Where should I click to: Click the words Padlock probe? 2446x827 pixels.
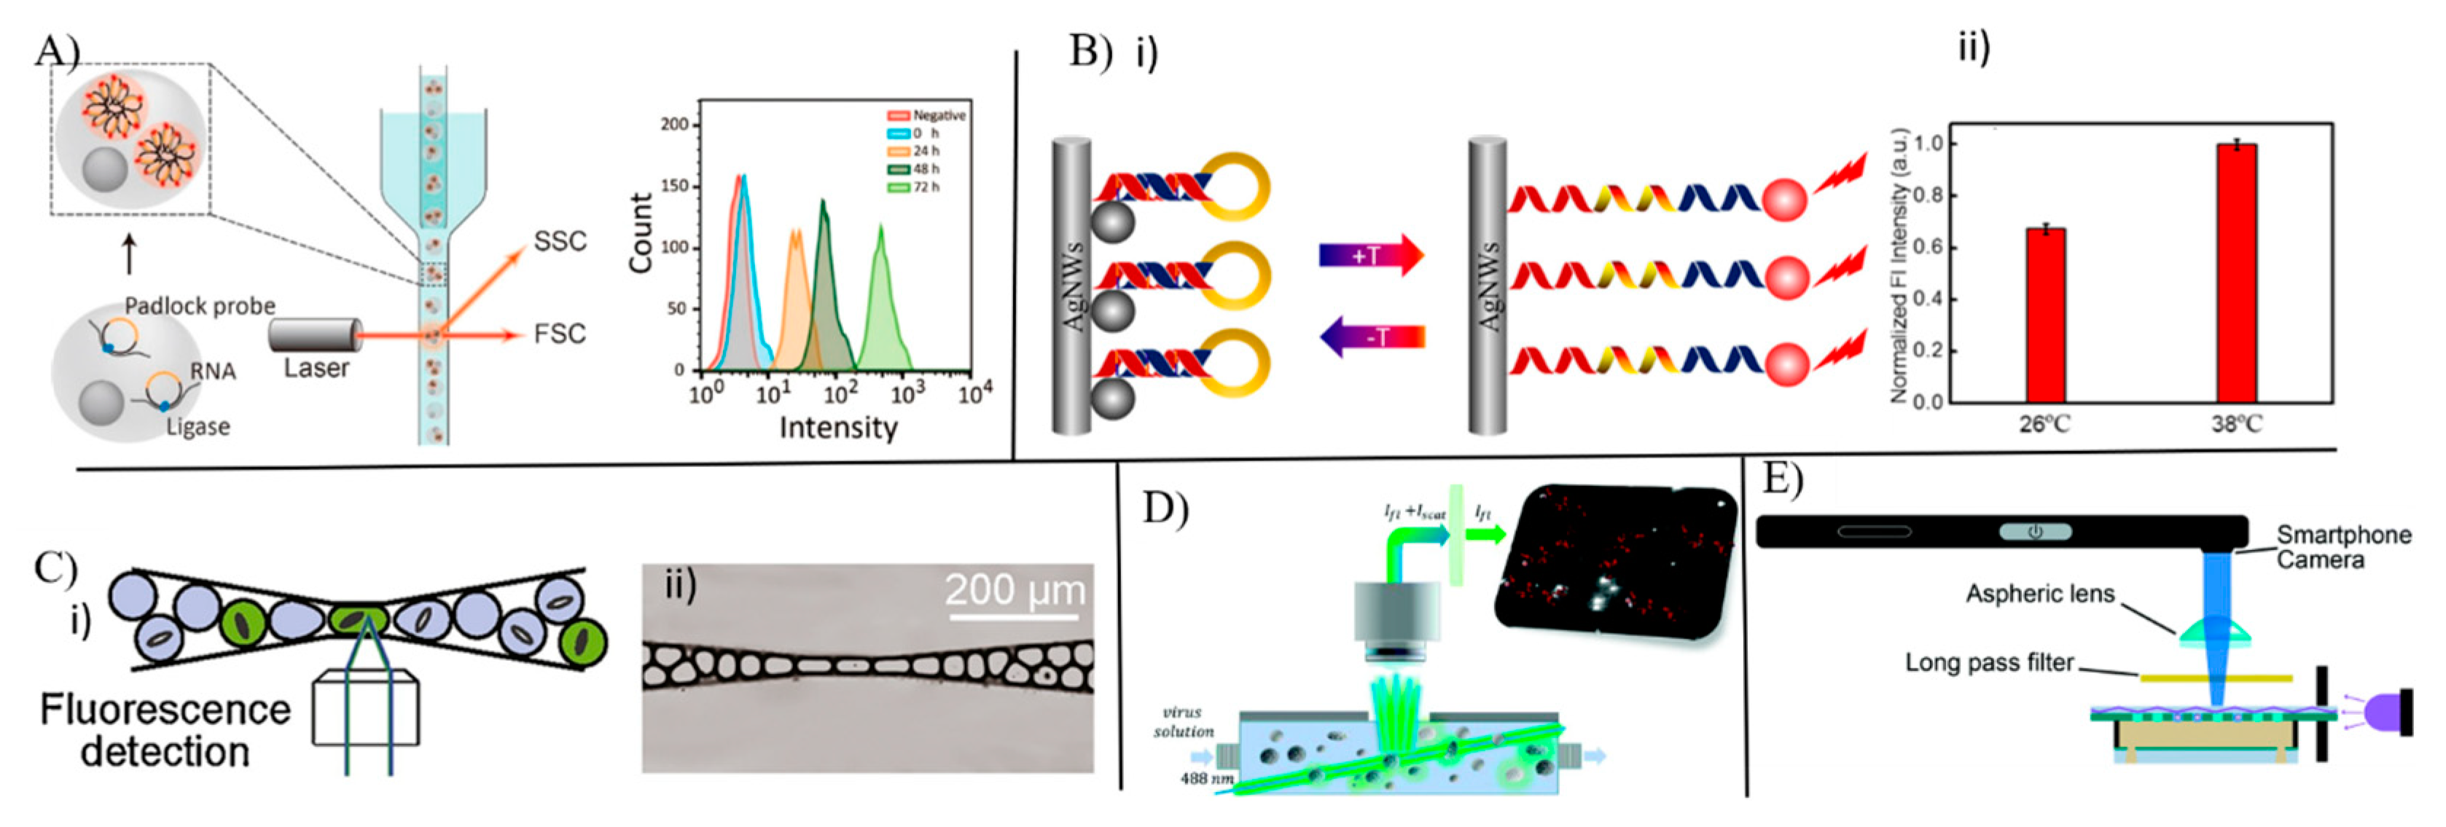click(200, 306)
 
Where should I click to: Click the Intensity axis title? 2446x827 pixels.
click(837, 428)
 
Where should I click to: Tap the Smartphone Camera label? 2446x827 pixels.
click(2343, 547)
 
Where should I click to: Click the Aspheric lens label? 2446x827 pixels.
click(2039, 595)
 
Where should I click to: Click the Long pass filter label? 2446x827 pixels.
click(1989, 663)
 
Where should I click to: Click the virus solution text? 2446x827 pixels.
click(1183, 721)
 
